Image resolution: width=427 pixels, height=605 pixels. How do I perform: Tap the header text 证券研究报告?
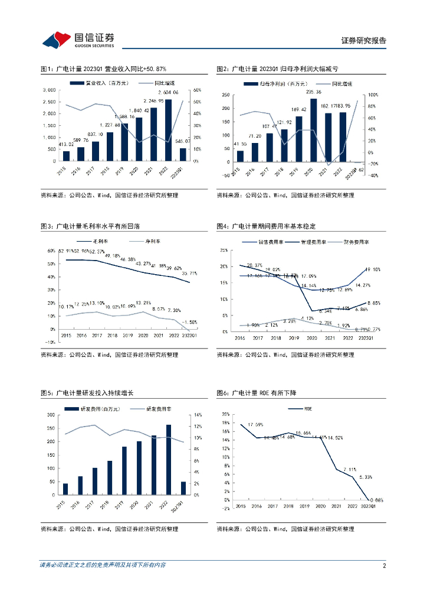point(364,40)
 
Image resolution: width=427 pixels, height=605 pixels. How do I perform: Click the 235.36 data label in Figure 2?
point(313,92)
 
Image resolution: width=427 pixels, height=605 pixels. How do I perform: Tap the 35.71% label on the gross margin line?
point(188,274)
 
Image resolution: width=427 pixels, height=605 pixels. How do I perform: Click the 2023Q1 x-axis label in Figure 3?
point(189,336)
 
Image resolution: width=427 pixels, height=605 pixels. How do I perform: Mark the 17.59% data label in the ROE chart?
point(255,425)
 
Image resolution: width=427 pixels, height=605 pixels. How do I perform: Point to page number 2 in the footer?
point(384,565)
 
